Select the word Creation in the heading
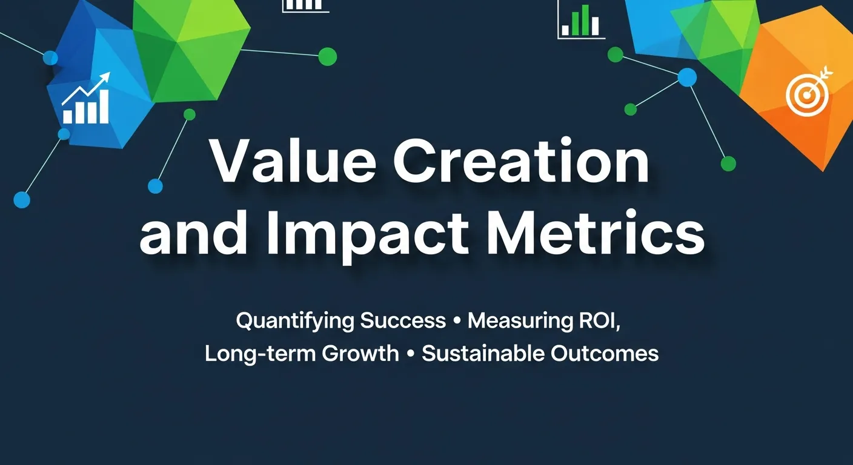tap(521, 163)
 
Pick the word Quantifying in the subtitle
tap(295, 321)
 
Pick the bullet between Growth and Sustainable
tap(410, 354)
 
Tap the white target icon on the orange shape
tap(806, 91)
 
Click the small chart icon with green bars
tap(581, 22)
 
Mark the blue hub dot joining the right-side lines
tap(687, 77)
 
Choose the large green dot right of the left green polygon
tap(327, 56)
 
